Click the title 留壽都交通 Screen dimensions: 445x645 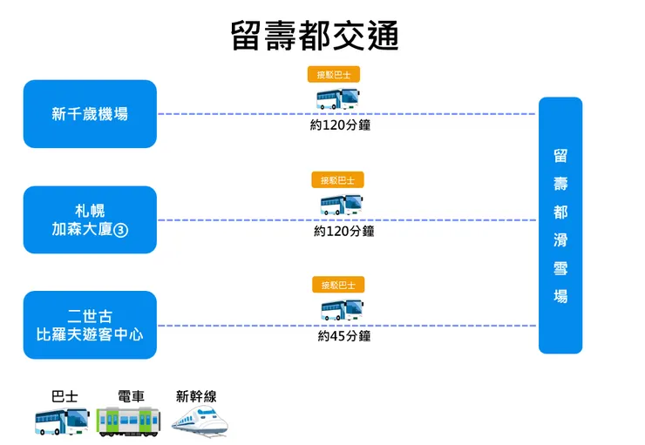[x=315, y=36]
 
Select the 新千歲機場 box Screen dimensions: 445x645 [x=90, y=114]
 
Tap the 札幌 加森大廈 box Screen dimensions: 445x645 [x=90, y=219]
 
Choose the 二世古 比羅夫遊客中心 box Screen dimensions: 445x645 [x=90, y=325]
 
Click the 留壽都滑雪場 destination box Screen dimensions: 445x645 [x=560, y=226]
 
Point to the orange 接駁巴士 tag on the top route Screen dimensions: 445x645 [x=334, y=76]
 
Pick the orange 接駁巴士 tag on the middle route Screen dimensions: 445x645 [x=337, y=180]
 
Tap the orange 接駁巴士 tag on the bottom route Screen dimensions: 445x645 [x=338, y=285]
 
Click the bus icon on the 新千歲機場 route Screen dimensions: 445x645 [x=337, y=98]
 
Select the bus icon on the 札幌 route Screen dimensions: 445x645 [x=341, y=205]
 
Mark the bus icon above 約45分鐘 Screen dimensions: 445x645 [x=342, y=309]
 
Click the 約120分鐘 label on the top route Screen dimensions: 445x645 [x=340, y=125]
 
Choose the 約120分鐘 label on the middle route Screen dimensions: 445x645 [x=343, y=232]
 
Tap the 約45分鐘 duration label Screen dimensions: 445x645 [x=344, y=336]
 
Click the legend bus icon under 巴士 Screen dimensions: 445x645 [x=62, y=421]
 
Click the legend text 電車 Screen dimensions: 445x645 [x=130, y=396]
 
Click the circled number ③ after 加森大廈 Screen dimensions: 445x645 [x=123, y=230]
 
